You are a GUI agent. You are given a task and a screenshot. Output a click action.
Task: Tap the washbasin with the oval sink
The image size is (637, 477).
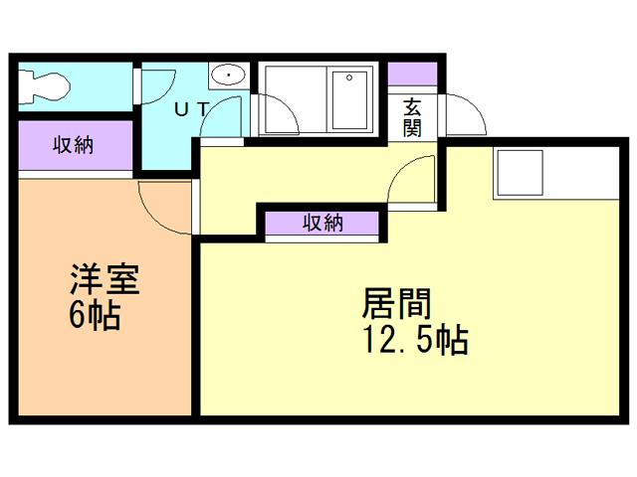(x=229, y=76)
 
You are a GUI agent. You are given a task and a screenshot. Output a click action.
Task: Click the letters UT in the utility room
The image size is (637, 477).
(x=191, y=110)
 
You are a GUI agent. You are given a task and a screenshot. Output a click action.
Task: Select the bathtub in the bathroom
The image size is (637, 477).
(x=318, y=100)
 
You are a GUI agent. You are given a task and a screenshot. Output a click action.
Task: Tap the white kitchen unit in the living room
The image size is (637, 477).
(x=520, y=174)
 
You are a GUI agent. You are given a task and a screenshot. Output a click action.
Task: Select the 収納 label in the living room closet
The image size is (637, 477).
(x=322, y=223)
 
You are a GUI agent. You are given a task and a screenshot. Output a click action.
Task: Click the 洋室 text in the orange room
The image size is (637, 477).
(x=104, y=279)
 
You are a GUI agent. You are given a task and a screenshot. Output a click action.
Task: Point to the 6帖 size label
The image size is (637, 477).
(x=95, y=317)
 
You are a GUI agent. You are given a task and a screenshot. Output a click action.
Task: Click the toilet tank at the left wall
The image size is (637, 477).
(x=24, y=85)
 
